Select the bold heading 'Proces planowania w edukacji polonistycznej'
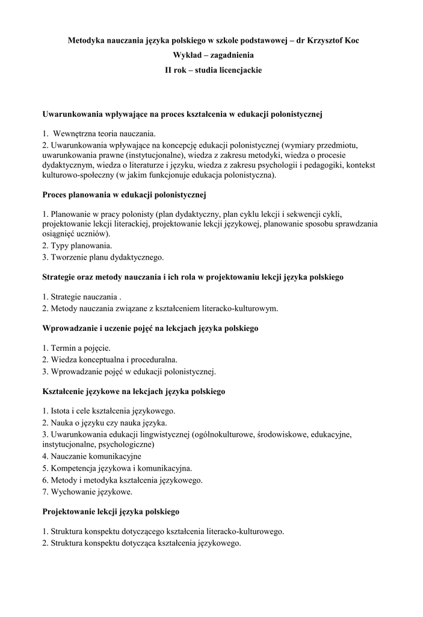125,195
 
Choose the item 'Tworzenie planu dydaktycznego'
103,257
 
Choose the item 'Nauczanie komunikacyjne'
91,456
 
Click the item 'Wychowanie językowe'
87,492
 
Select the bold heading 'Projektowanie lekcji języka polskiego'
111,512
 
